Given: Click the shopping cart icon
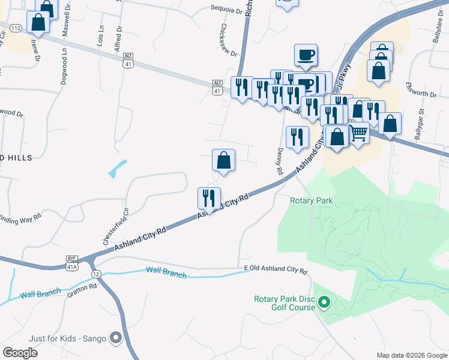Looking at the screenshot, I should pyautogui.click(x=358, y=132).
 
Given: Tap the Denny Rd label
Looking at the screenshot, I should pyautogui.click(x=280, y=161).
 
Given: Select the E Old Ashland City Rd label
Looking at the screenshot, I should pyautogui.click(x=276, y=271).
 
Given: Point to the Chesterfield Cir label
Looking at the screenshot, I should pyautogui.click(x=108, y=227).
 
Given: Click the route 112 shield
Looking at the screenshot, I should pyautogui.click(x=16, y=28).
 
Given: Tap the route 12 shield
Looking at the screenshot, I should pyautogui.click(x=96, y=274).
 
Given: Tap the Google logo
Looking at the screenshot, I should pyautogui.click(x=20, y=352).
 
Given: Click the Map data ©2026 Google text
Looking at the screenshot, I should pyautogui.click(x=411, y=355).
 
